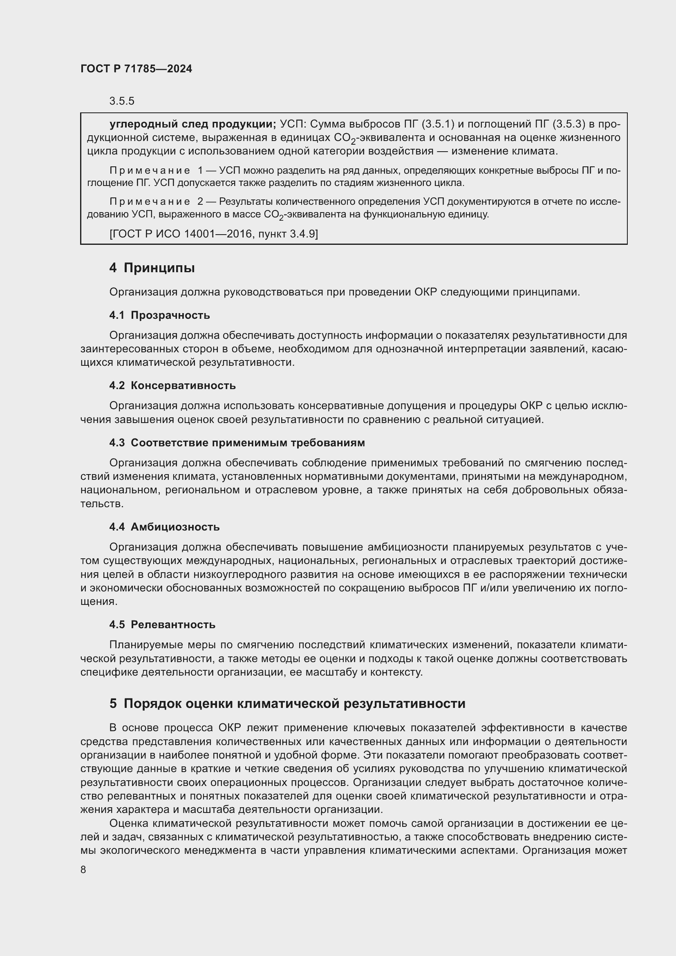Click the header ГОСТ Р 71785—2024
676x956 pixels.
point(136,69)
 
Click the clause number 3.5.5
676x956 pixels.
point(121,101)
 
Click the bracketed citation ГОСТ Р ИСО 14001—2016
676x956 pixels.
point(213,234)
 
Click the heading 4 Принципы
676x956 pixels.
point(152,268)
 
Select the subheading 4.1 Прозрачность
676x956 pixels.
point(159,315)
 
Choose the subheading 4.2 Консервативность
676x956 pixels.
point(172,385)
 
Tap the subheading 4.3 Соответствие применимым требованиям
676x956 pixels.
point(237,443)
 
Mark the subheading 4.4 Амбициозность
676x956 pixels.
point(164,527)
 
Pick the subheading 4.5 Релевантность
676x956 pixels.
point(162,625)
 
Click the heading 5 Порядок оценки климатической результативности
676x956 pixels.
point(287,704)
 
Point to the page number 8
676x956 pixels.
point(83,870)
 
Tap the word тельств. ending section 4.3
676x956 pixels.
point(102,504)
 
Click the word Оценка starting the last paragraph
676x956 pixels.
point(129,824)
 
